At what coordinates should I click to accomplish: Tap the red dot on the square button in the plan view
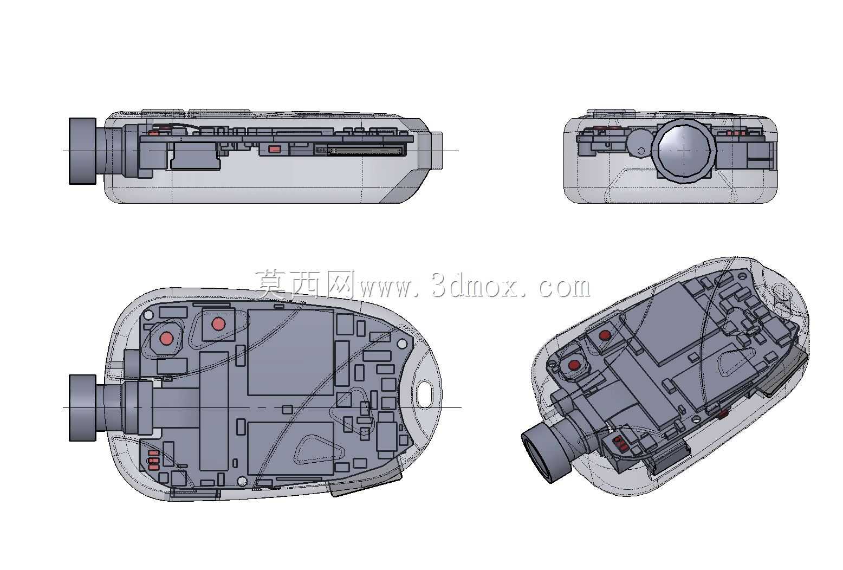click(218, 324)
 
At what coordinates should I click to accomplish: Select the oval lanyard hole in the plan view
click(425, 394)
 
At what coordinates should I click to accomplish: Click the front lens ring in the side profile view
click(82, 151)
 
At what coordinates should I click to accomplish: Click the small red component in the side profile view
click(275, 150)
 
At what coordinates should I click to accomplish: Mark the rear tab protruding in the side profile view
click(437, 151)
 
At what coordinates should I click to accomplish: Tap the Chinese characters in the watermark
click(305, 284)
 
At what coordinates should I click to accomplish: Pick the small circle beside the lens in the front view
click(641, 151)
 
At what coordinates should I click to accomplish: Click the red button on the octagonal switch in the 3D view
click(574, 365)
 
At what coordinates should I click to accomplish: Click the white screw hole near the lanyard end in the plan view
click(402, 344)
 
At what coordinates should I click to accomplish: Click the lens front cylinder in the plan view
click(83, 408)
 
